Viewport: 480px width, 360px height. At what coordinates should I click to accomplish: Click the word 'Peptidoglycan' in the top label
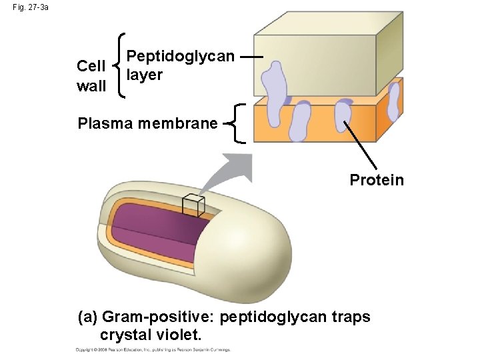click(x=181, y=56)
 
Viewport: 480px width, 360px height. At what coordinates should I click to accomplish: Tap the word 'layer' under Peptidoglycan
click(x=144, y=75)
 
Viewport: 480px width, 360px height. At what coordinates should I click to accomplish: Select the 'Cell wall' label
click(x=91, y=75)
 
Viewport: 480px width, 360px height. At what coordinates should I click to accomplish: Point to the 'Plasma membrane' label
click(x=147, y=123)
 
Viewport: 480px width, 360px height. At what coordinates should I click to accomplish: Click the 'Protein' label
click(x=377, y=180)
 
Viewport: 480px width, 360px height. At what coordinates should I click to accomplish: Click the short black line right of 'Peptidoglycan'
click(x=248, y=57)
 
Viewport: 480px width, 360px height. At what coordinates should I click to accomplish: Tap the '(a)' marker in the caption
click(x=89, y=317)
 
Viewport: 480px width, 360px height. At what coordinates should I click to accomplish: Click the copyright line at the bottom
click(x=153, y=349)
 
